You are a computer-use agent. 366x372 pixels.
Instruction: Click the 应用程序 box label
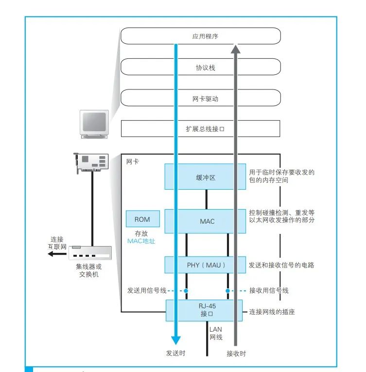pyautogui.click(x=205, y=36)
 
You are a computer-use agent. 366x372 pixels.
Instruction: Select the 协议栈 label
pyautogui.click(x=206, y=68)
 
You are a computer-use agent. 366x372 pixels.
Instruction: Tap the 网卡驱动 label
pyautogui.click(x=205, y=99)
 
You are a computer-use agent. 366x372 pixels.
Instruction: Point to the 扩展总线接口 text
pyautogui.click(x=205, y=129)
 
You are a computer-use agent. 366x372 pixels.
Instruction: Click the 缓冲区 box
pyautogui.click(x=205, y=177)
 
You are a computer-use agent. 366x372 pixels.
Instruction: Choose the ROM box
pyautogui.click(x=142, y=219)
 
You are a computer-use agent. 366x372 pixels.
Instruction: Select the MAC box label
pyautogui.click(x=207, y=221)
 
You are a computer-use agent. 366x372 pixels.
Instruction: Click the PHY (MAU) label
pyautogui.click(x=206, y=265)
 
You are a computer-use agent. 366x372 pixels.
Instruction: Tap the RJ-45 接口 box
pyautogui.click(x=204, y=310)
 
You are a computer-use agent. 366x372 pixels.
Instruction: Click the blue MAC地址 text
pyautogui.click(x=141, y=241)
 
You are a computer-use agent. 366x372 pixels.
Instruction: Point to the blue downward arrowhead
pyautogui.click(x=176, y=340)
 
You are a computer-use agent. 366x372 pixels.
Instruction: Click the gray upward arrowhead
pyautogui.click(x=236, y=49)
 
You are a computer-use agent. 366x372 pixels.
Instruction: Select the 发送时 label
pyautogui.click(x=175, y=353)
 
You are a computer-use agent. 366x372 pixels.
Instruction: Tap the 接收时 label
pyautogui.click(x=236, y=354)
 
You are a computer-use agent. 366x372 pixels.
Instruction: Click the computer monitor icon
pyautogui.click(x=94, y=124)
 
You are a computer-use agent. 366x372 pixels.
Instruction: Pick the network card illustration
pyautogui.click(x=91, y=163)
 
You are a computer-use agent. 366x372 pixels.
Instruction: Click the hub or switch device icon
pyautogui.click(x=90, y=253)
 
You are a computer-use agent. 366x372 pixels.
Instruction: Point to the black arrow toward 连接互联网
pyautogui.click(x=57, y=254)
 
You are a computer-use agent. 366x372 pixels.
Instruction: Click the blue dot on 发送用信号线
pyautogui.click(x=186, y=291)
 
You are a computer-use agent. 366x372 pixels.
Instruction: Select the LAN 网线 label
pyautogui.click(x=216, y=333)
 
